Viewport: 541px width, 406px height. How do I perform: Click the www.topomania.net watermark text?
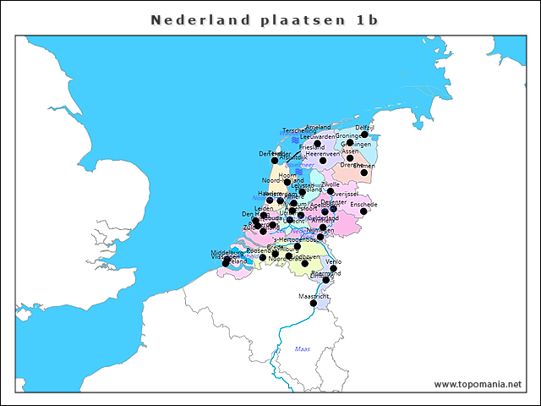coord(478,384)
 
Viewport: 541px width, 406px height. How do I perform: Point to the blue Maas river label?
coord(303,348)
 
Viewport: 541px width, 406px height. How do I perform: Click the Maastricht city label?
coord(314,297)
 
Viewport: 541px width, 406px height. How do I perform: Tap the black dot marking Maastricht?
coord(314,304)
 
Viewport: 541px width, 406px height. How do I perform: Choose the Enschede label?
coord(363,204)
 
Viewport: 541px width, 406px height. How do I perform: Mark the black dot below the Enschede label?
coord(363,211)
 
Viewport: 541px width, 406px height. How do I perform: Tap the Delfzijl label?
coord(364,127)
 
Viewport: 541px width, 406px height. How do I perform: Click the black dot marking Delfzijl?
coord(364,134)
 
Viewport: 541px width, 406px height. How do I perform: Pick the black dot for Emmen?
coord(363,172)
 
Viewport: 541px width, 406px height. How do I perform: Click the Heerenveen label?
coord(323,154)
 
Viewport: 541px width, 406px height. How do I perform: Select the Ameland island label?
coord(319,127)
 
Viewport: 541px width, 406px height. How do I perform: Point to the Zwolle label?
coord(331,184)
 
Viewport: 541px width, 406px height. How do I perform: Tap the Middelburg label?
coord(227,252)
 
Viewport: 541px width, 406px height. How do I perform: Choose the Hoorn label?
coord(288,174)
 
